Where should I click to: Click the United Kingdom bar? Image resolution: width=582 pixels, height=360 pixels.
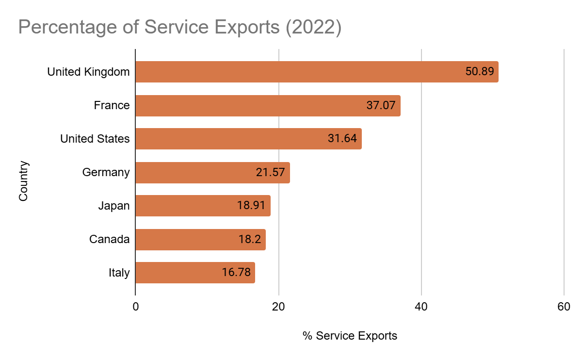tap(291, 72)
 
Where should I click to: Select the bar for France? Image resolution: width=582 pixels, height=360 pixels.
tap(242, 105)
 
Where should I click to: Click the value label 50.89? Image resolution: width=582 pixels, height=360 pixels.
tap(479, 72)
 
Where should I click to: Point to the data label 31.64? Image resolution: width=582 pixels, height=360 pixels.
tap(342, 139)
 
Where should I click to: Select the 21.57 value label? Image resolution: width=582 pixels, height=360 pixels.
tap(270, 172)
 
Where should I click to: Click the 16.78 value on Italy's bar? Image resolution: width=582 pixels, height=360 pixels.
tap(236, 273)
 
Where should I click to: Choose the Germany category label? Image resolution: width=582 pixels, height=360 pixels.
tap(106, 172)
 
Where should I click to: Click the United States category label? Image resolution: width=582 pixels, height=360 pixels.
tap(95, 139)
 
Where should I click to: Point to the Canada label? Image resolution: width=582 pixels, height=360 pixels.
tap(109, 239)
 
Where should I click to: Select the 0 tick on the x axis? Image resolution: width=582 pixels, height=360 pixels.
tap(135, 307)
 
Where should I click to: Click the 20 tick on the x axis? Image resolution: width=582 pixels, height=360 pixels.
tap(278, 307)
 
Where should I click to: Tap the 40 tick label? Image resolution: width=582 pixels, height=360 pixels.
tap(421, 307)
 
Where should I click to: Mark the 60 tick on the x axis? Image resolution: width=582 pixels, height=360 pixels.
tap(564, 307)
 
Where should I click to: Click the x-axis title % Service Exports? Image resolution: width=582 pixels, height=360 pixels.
tap(350, 336)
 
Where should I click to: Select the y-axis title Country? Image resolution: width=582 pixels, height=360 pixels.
tap(24, 181)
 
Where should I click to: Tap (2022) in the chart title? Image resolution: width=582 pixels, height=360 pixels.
tap(313, 28)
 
